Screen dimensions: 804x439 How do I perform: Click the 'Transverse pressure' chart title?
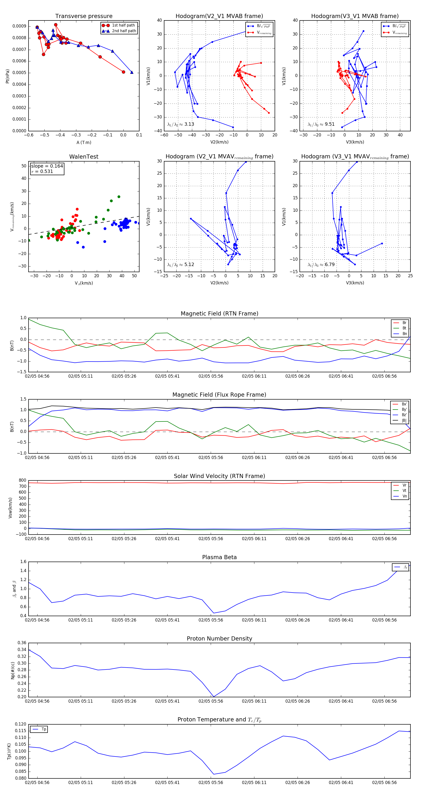[84, 16]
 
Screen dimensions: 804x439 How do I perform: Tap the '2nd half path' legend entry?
[124, 31]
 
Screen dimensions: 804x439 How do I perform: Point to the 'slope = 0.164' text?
[47, 166]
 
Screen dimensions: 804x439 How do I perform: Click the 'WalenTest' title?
[84, 157]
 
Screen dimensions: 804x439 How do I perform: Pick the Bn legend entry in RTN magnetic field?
[404, 334]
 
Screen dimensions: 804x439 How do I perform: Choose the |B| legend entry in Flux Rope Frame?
[404, 421]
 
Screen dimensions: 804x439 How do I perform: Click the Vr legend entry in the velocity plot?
[404, 485]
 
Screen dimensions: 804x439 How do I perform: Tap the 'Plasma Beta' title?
[219, 557]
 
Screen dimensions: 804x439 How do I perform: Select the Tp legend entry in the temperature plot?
[43, 729]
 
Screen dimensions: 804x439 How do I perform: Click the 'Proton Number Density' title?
[219, 639]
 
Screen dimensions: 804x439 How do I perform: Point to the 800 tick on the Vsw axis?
[22, 480]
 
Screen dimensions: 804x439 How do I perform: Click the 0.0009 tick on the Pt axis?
[19, 26]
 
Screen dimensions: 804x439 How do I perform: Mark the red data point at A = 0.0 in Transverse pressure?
[123, 72]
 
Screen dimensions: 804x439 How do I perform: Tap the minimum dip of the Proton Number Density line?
[214, 697]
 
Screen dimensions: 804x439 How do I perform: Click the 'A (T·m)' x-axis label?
[84, 143]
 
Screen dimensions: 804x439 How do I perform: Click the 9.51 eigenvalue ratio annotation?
[329, 124]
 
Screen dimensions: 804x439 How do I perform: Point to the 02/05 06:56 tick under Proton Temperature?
[384, 783]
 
